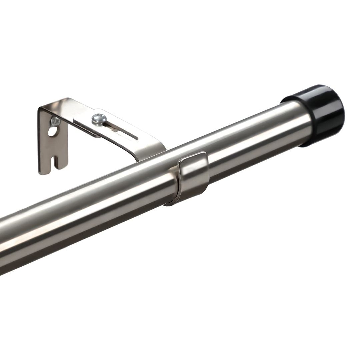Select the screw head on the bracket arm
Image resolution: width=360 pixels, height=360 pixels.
pyautogui.click(x=99, y=119)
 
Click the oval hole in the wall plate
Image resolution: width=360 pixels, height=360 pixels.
pyautogui.click(x=52, y=131)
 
